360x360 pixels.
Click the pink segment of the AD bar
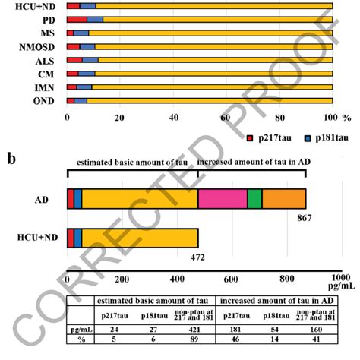223,198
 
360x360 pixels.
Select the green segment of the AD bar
254,198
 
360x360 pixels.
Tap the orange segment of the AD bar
283,198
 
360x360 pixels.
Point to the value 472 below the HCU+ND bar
197,257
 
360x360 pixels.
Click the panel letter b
11,158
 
